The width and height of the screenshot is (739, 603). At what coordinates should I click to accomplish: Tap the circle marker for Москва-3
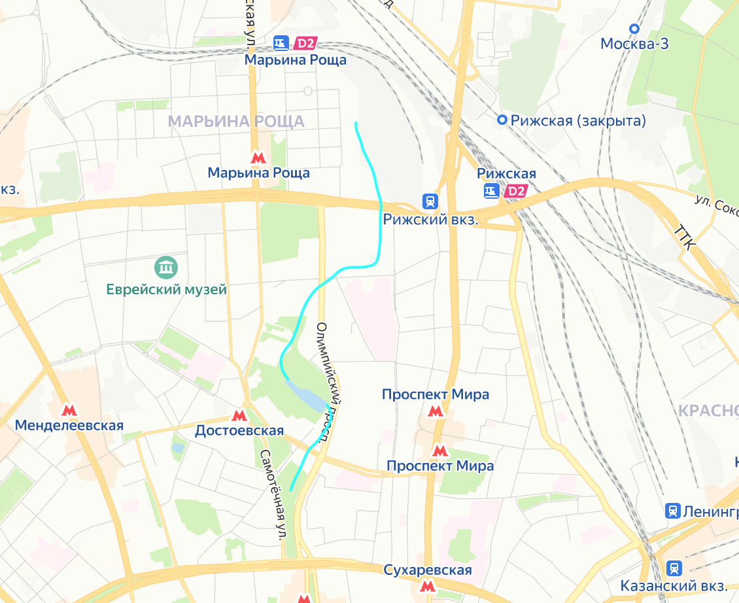[x=633, y=28]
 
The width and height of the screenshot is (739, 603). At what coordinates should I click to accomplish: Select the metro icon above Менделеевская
[x=69, y=410]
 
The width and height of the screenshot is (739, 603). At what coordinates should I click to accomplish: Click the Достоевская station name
[x=239, y=430]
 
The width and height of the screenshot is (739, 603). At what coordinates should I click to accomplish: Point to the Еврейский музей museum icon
[x=166, y=267]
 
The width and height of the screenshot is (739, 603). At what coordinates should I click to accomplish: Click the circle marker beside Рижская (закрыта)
[x=502, y=120]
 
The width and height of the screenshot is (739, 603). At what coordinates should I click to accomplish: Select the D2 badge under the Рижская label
[x=516, y=191]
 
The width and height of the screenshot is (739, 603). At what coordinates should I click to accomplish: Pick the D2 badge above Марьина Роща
[x=305, y=44]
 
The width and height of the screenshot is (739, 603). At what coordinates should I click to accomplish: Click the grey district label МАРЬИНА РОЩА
[x=236, y=121]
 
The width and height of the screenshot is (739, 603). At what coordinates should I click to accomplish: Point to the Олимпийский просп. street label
[x=330, y=383]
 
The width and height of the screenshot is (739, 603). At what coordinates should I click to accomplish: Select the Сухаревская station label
[x=428, y=570]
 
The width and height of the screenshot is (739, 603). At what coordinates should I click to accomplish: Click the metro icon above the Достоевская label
[x=239, y=415]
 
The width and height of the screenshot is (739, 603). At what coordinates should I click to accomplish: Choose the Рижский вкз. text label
[x=431, y=220]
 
